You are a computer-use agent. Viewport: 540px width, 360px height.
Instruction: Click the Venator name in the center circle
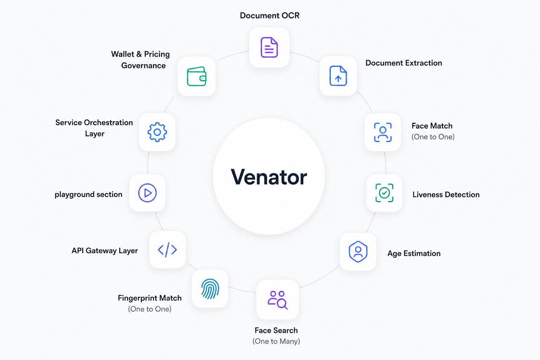click(x=269, y=177)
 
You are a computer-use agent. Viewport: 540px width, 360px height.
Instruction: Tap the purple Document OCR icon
click(x=269, y=47)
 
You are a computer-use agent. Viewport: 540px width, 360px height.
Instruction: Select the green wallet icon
click(x=197, y=76)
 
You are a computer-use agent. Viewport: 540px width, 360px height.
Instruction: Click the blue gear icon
click(x=157, y=132)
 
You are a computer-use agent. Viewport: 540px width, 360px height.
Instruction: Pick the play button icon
click(x=147, y=193)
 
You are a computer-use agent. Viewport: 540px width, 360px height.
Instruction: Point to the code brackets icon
click(x=167, y=250)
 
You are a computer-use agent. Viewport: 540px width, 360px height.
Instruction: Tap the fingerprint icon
click(x=210, y=289)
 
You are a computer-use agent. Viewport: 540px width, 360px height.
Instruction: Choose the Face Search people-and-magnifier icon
click(x=277, y=300)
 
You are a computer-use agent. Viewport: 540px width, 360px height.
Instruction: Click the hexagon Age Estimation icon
click(x=358, y=251)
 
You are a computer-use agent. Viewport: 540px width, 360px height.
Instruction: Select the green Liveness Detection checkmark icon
click(x=384, y=193)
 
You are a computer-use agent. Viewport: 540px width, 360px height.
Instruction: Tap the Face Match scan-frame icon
click(x=383, y=132)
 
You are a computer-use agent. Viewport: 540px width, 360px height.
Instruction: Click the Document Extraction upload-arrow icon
click(x=338, y=76)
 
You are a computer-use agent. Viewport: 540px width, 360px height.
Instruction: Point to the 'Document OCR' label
click(x=270, y=15)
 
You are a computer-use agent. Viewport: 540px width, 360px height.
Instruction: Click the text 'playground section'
click(x=89, y=194)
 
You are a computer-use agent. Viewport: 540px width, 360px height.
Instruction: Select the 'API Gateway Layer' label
click(x=105, y=251)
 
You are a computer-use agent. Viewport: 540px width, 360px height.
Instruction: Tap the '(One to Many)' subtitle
click(x=276, y=341)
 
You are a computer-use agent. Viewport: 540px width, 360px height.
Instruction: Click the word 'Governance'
click(x=143, y=66)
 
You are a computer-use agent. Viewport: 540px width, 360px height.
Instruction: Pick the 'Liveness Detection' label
click(x=446, y=194)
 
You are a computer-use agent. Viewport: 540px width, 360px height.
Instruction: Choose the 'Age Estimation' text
click(x=414, y=253)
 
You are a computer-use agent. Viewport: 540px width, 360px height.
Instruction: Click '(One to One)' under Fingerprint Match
click(x=150, y=309)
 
